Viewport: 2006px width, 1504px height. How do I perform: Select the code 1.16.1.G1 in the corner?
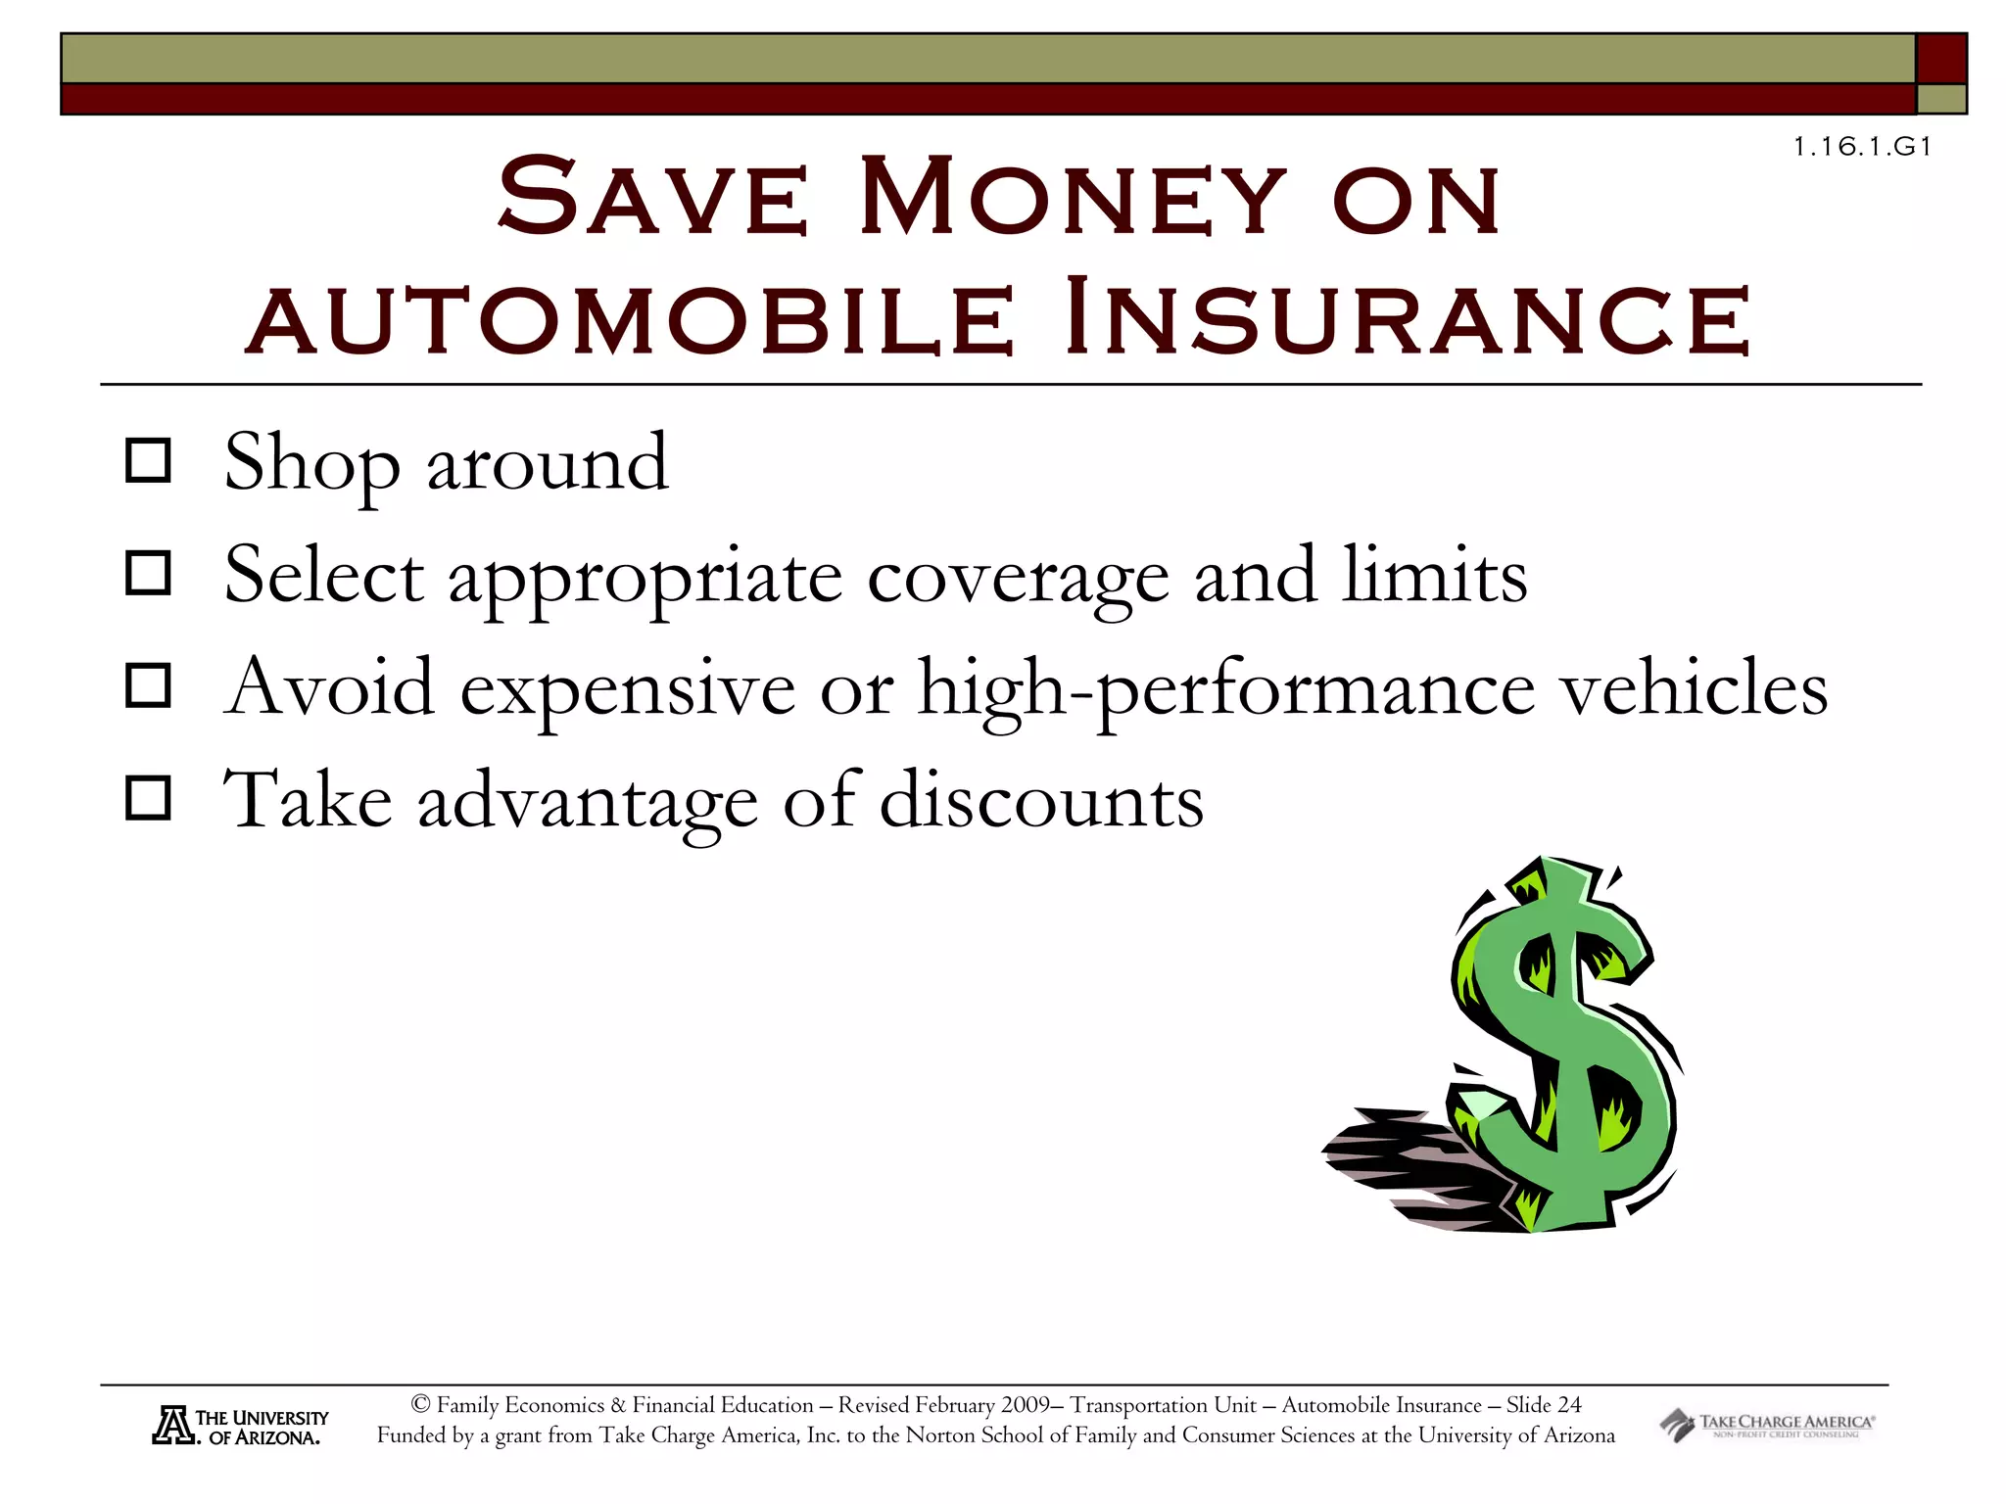[1862, 147]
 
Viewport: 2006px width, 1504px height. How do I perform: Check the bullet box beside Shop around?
[149, 460]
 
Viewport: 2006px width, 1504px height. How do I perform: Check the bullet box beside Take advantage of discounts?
[149, 798]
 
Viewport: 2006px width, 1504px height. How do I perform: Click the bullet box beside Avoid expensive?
[149, 685]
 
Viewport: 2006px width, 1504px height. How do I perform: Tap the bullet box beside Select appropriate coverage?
[149, 573]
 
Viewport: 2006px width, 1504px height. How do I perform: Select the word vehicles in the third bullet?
[1694, 687]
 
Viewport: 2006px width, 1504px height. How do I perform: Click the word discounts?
[1041, 801]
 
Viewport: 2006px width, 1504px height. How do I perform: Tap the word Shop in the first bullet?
[311, 463]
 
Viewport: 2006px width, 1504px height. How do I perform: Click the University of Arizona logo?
[240, 1427]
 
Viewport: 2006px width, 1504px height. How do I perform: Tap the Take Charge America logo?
[1766, 1425]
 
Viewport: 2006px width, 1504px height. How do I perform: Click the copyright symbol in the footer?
[421, 1405]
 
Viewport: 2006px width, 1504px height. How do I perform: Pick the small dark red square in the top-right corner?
[1940, 59]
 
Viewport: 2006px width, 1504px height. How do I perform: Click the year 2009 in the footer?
[1025, 1405]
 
